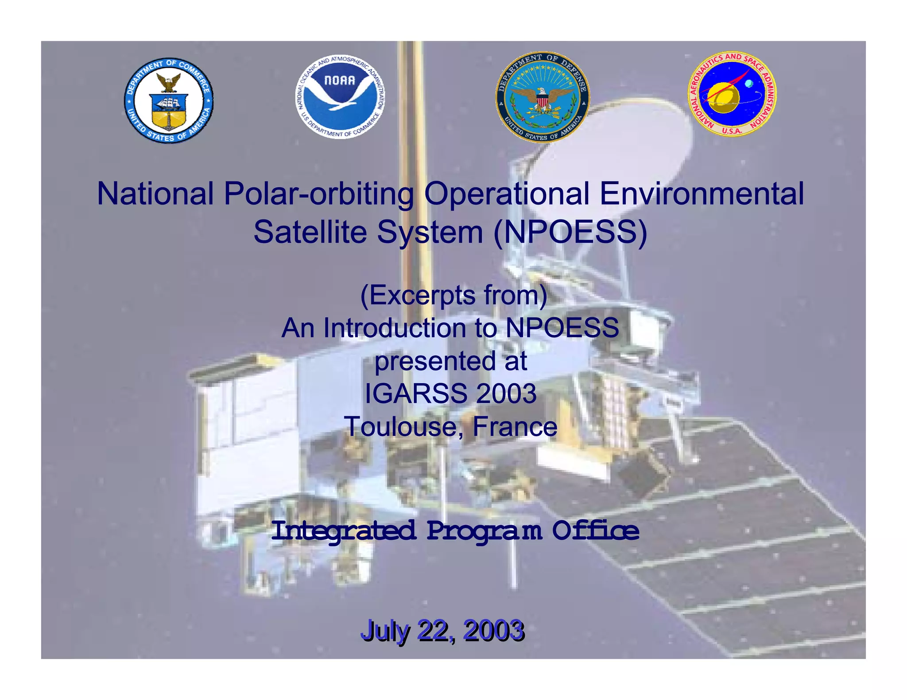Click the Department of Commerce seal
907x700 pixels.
click(168, 100)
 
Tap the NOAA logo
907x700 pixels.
click(340, 96)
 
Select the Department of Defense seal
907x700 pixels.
click(542, 97)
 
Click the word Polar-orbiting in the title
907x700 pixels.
click(318, 194)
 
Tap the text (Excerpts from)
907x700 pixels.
click(453, 295)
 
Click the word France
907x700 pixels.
click(515, 427)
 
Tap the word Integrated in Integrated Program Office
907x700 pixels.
click(343, 530)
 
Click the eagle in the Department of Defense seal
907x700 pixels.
click(542, 98)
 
